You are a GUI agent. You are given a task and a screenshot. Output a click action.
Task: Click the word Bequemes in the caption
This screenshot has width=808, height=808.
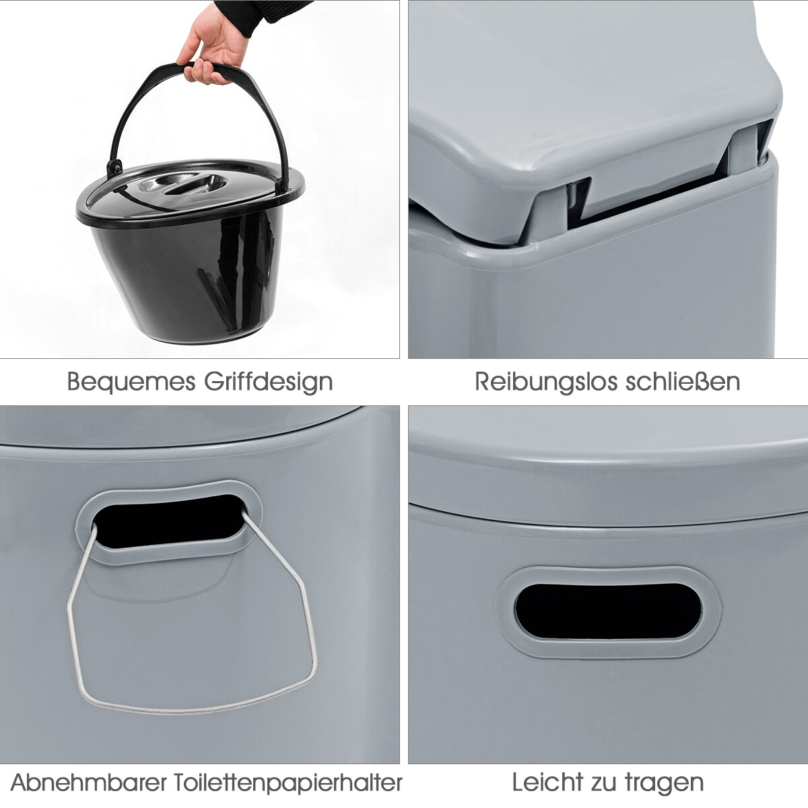click(131, 382)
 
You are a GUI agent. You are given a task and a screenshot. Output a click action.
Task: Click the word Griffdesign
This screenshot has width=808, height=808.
click(269, 382)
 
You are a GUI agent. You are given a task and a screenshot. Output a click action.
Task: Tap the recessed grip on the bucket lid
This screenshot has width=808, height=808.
click(187, 184)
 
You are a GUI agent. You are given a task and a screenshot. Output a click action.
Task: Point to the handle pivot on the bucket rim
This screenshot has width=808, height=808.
click(114, 168)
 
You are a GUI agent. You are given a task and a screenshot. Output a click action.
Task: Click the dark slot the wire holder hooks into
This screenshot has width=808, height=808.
click(168, 521)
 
